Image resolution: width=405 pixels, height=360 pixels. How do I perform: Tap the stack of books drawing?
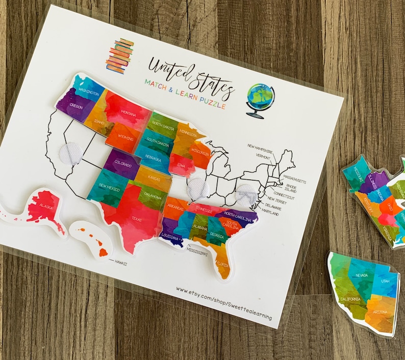coord(120,55)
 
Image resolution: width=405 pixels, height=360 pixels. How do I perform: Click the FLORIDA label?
coord(222,264)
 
